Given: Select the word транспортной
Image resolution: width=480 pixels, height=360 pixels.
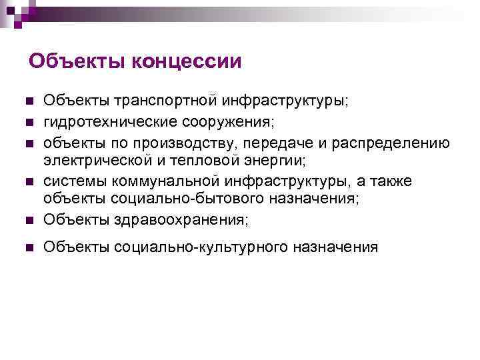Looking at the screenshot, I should tap(168, 101).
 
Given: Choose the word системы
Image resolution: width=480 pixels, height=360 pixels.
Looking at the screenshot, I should tap(75, 181).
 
